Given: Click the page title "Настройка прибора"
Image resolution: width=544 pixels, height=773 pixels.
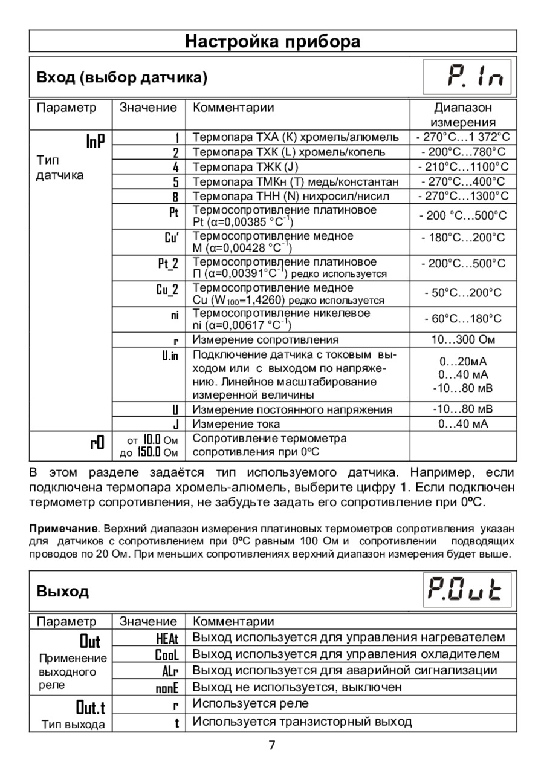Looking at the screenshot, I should click(273, 42).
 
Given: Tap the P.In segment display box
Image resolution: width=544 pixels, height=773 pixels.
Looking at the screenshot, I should click(466, 77).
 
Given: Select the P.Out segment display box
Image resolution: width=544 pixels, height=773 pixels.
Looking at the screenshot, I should click(466, 591).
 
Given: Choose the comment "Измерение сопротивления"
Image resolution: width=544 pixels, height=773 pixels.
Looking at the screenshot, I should click(265, 340).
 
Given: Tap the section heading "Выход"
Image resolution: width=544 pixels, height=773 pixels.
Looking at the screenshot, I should click(63, 592).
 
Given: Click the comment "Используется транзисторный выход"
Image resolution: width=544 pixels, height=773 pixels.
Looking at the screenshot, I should click(302, 722).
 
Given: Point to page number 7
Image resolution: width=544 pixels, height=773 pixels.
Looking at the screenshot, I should click(272, 745).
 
